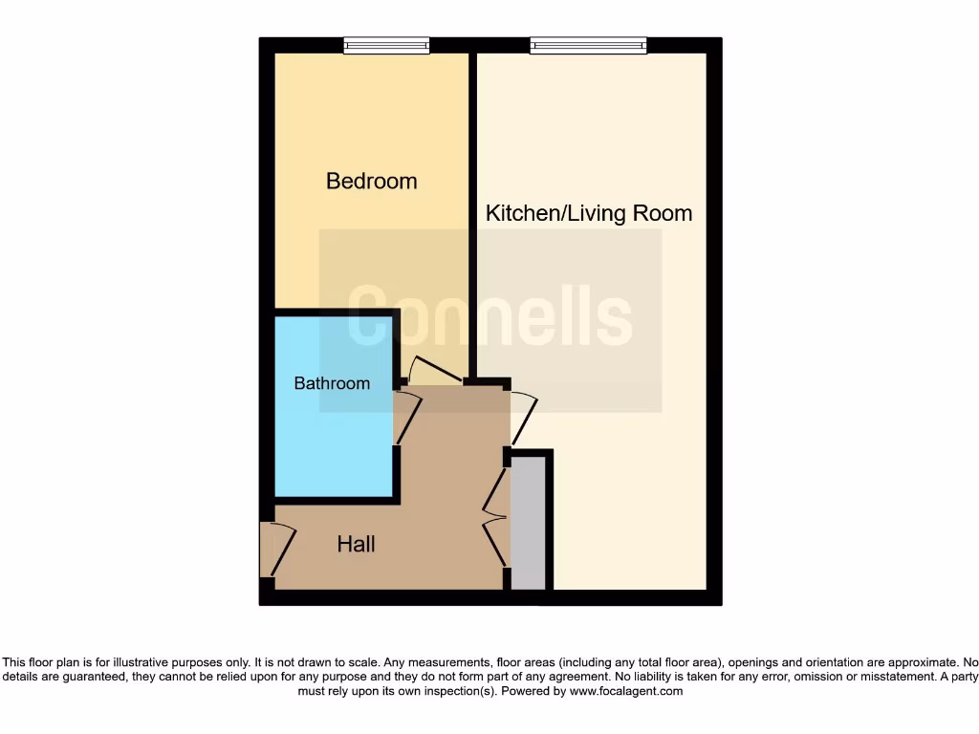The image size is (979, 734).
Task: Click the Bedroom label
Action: click(371, 181)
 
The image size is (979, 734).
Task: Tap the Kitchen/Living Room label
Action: click(589, 212)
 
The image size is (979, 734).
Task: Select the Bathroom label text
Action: click(332, 383)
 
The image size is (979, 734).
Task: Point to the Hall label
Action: click(356, 545)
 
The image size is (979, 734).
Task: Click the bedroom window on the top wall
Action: click(386, 45)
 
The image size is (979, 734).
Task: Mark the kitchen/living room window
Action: click(588, 45)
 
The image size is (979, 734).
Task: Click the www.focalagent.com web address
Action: click(627, 691)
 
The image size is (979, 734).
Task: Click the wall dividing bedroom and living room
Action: click(472, 210)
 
